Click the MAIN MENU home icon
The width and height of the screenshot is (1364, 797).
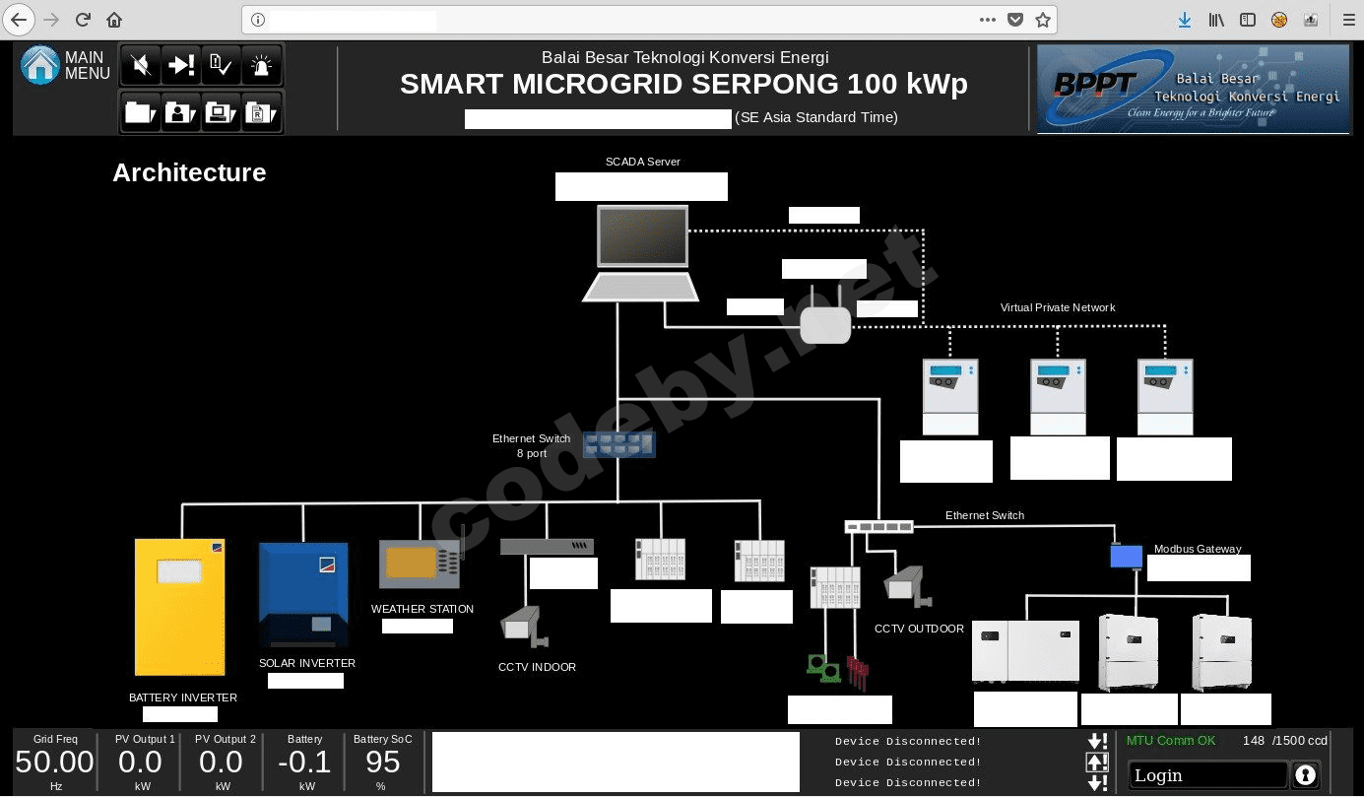40,66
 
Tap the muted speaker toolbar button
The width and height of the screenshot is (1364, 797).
141,66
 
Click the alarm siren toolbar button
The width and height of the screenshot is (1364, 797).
261,66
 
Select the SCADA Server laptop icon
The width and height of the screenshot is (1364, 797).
642,252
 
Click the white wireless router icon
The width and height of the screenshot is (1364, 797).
825,321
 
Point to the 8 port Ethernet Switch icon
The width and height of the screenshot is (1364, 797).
618,445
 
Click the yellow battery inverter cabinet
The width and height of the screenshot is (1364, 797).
180,607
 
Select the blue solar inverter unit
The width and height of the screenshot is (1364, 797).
303,594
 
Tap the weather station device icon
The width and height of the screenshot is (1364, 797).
421,564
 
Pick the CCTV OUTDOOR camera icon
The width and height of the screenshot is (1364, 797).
905,585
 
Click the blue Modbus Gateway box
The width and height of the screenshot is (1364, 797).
1126,557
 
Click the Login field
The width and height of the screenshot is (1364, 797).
1207,775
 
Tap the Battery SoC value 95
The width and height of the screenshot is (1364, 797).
382,763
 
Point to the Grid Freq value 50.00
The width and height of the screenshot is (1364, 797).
55,763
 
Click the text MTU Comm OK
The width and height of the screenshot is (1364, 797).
1171,741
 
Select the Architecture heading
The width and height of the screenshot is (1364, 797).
189,172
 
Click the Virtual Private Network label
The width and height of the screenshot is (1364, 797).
1058,307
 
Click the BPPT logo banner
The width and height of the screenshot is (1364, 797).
1193,89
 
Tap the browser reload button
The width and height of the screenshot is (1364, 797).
83,20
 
